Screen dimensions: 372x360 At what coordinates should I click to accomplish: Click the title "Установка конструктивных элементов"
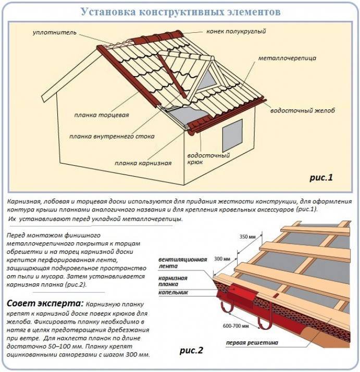[180, 11]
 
